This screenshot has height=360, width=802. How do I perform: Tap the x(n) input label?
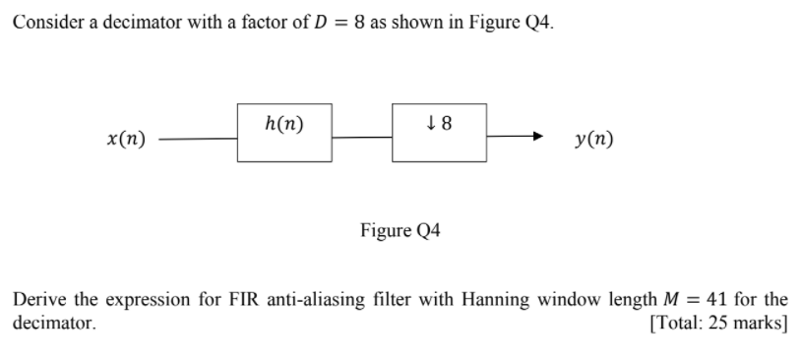(x=126, y=140)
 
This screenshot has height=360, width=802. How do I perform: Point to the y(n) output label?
(x=593, y=140)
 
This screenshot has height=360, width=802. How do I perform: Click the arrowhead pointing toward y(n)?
(x=536, y=139)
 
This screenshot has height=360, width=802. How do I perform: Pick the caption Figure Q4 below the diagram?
(x=401, y=231)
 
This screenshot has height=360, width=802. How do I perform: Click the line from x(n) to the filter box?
(x=197, y=140)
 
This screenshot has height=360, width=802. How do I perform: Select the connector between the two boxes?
(x=361, y=140)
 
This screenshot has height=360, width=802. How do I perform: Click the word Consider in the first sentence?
(x=42, y=23)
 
